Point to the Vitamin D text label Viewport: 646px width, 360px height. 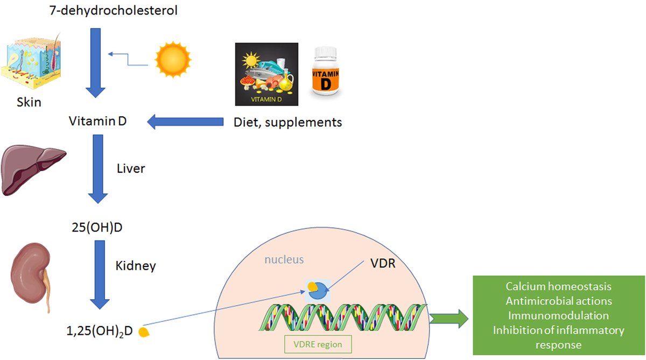[x=98, y=122]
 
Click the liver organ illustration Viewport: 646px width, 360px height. [x=32, y=169]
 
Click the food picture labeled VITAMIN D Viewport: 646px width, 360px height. [x=268, y=74]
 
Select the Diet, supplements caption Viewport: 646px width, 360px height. [x=287, y=123]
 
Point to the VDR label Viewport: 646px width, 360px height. [x=383, y=264]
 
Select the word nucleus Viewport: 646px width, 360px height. [x=284, y=260]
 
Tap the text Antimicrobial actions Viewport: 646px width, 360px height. [x=558, y=301]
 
